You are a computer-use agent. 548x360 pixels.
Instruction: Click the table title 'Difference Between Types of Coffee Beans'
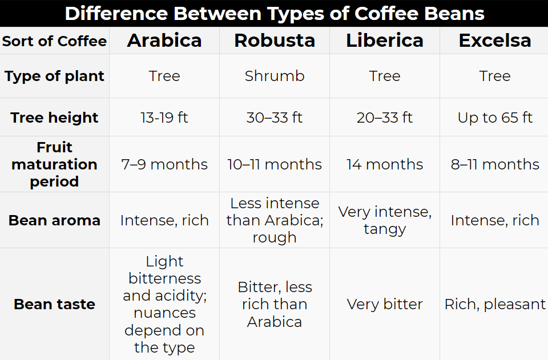(x=274, y=13)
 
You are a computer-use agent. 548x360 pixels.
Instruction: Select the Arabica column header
(x=164, y=41)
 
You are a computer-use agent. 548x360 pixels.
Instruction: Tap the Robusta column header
(x=275, y=41)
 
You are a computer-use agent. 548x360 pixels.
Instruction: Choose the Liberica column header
(x=385, y=41)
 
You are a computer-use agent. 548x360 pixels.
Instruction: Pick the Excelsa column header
(x=495, y=41)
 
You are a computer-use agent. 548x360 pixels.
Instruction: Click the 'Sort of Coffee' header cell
(x=54, y=41)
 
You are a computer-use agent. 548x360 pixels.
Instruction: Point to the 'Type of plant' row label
(x=54, y=76)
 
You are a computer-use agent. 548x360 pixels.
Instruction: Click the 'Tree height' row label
(x=54, y=118)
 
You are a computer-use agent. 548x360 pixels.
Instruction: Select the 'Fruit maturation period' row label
(x=54, y=164)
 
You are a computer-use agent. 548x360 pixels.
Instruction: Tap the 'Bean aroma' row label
(x=54, y=220)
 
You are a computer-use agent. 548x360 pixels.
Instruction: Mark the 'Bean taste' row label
(x=54, y=304)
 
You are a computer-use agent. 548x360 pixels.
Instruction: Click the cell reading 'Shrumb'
(x=275, y=76)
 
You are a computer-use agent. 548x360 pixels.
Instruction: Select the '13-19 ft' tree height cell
(x=164, y=118)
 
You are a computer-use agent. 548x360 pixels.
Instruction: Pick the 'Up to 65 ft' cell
(x=495, y=118)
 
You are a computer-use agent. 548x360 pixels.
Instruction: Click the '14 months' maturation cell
(x=385, y=164)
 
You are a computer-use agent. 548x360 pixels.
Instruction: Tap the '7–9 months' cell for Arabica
(x=164, y=164)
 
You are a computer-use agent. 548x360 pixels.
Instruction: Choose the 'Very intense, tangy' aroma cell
(x=385, y=220)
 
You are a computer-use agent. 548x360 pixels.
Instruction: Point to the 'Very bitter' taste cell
(x=385, y=304)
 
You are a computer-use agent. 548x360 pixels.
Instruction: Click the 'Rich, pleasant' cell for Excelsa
(x=495, y=304)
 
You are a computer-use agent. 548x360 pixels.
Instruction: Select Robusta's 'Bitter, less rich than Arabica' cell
(x=275, y=304)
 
